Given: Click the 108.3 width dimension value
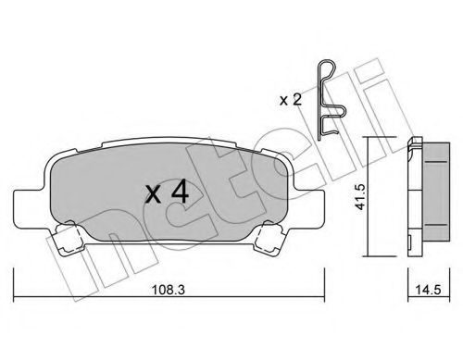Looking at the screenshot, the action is click(169, 290).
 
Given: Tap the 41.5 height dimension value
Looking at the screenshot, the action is click(360, 196).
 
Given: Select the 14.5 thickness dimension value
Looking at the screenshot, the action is click(429, 290).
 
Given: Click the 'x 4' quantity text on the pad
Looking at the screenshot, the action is click(167, 193).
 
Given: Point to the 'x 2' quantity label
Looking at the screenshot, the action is click(290, 100).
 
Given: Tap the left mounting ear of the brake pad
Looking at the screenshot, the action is click(31, 209).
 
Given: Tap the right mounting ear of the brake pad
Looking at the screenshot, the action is click(308, 209).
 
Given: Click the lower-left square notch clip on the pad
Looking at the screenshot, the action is click(69, 238).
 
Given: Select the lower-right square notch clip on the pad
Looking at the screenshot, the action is click(269, 238).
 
